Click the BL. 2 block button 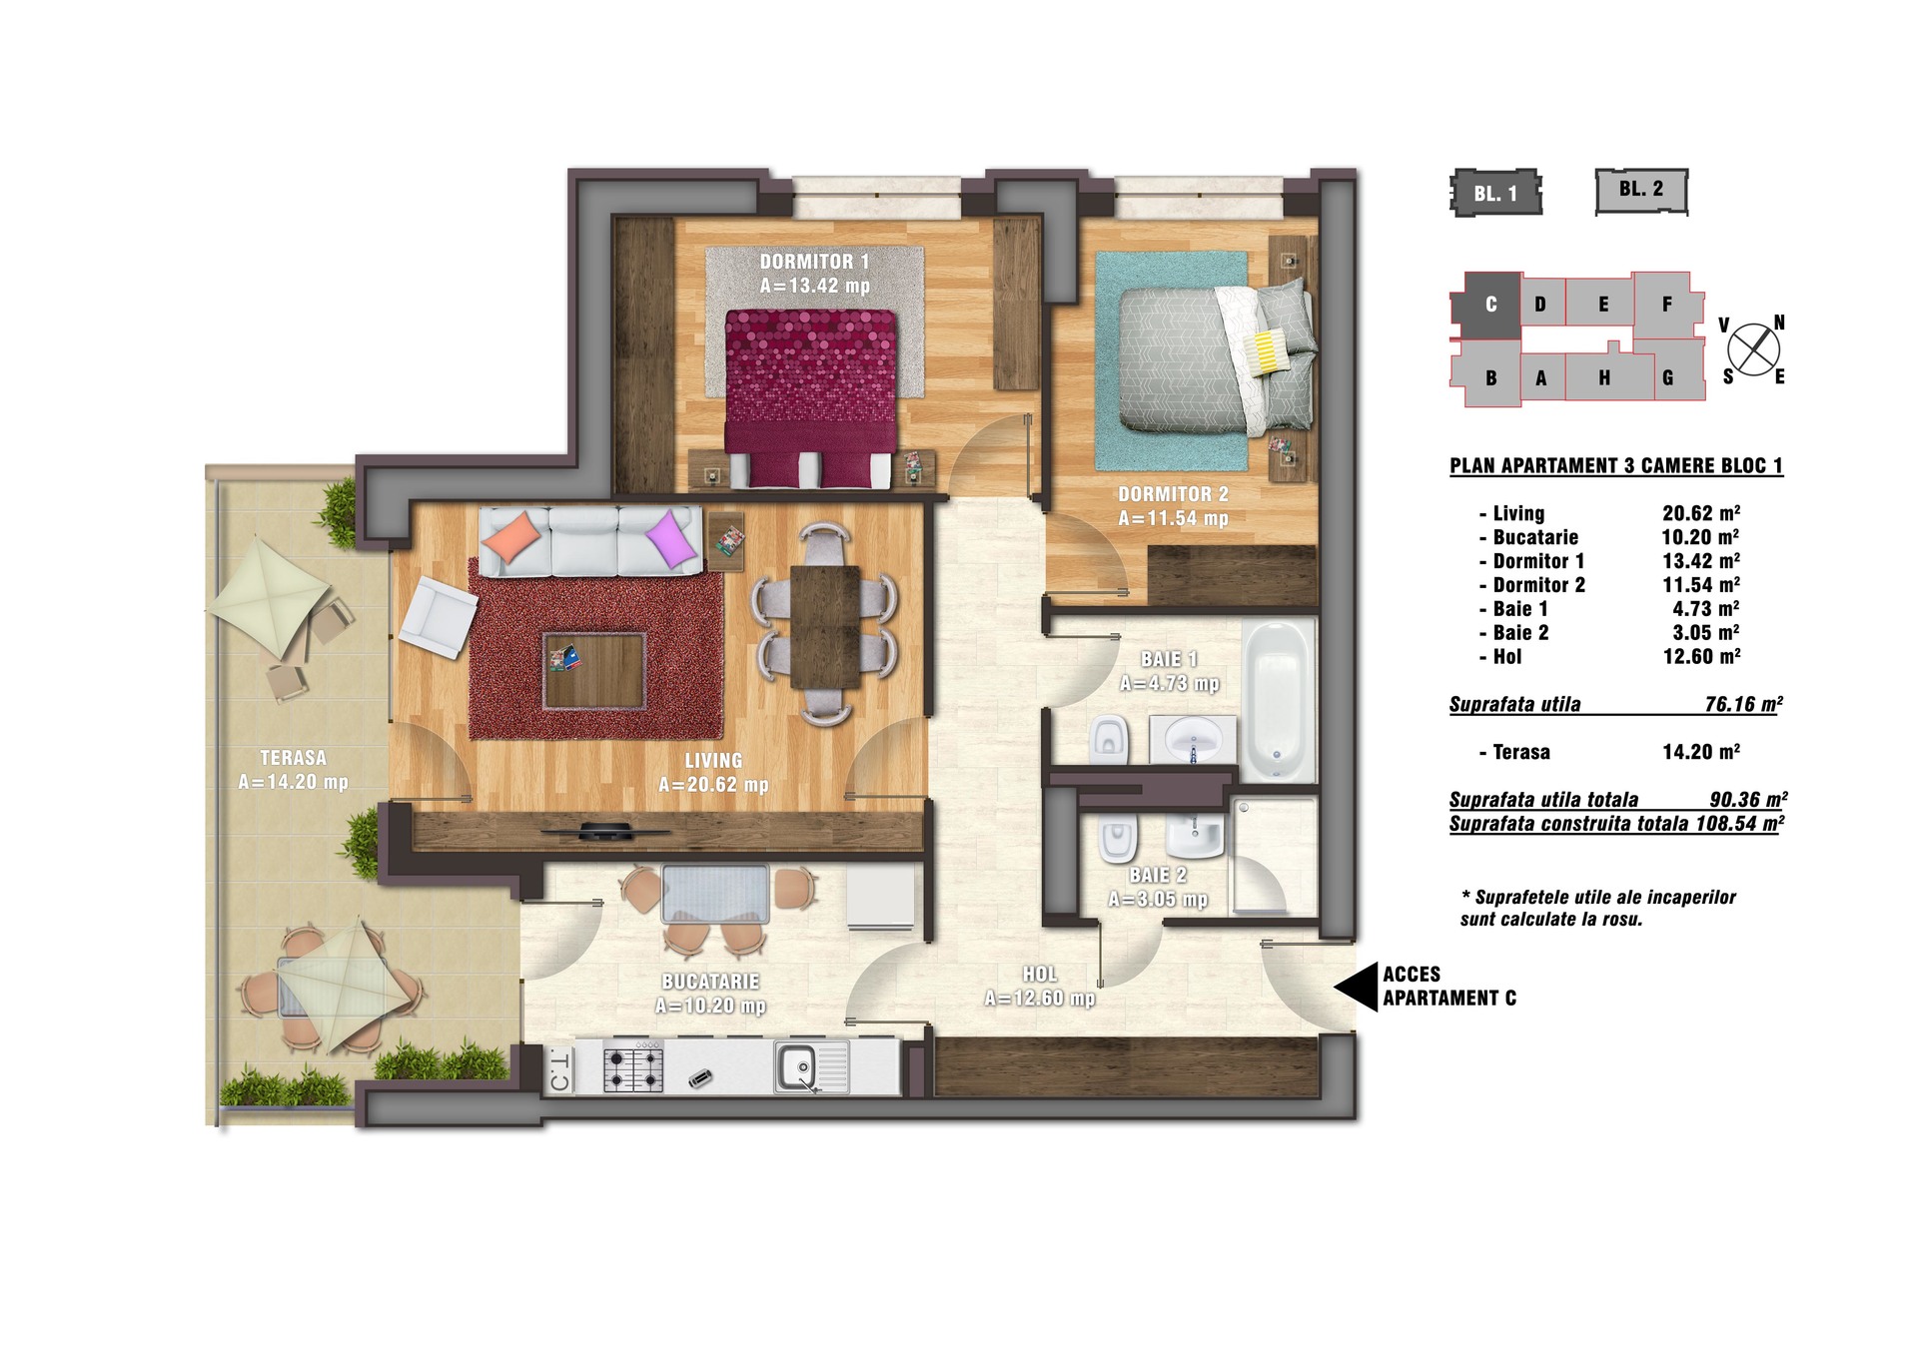1641,191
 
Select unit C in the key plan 1488,305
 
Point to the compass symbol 1753,349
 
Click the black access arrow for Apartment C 1357,987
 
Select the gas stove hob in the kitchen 633,1066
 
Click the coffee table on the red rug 594,670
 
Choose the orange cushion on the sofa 510,539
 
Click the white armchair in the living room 438,616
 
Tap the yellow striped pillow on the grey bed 1267,351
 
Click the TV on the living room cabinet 605,829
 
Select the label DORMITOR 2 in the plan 1173,494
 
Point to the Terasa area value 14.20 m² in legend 1701,752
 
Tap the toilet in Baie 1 1109,740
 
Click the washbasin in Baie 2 1194,835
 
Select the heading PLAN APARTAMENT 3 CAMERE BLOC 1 1616,465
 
